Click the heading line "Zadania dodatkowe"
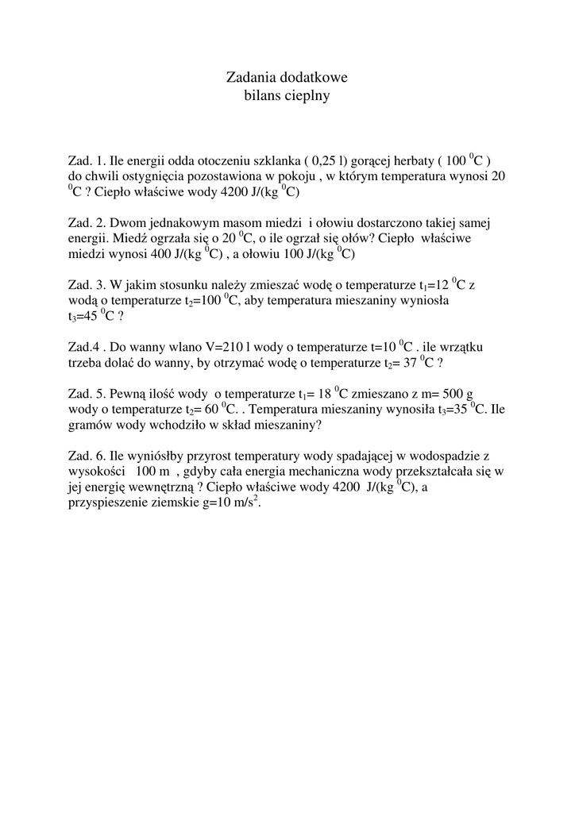(287, 78)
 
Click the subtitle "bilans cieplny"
(287, 96)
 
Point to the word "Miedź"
(129, 239)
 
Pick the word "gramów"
(91, 425)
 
